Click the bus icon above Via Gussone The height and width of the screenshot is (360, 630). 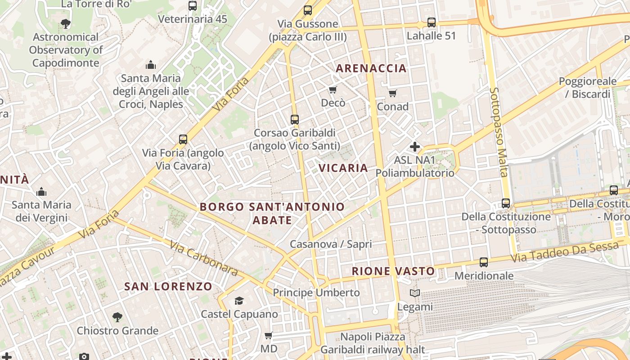tap(308, 10)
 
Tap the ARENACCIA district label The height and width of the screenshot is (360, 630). tap(371, 68)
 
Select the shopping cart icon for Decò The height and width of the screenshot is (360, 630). tap(333, 90)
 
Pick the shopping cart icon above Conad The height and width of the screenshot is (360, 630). tap(393, 94)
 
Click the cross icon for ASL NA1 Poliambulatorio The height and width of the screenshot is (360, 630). tap(414, 147)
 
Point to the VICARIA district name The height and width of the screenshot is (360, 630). tap(343, 168)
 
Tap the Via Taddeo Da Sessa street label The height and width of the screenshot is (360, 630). tap(565, 252)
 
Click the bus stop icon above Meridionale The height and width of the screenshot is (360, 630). tap(484, 262)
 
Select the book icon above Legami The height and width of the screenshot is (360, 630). tap(414, 293)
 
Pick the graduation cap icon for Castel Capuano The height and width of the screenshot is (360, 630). tap(239, 301)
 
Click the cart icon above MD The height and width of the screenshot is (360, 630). tap(269, 335)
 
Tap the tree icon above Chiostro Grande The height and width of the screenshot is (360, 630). tap(117, 317)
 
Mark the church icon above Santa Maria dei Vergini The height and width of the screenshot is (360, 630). tap(41, 192)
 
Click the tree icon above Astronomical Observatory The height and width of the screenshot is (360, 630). tap(66, 23)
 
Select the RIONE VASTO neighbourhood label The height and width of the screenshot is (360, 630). tap(393, 271)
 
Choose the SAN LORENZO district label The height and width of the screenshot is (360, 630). tap(168, 287)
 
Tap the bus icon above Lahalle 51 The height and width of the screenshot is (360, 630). tap(432, 22)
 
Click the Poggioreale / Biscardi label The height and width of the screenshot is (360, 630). tap(587, 88)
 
